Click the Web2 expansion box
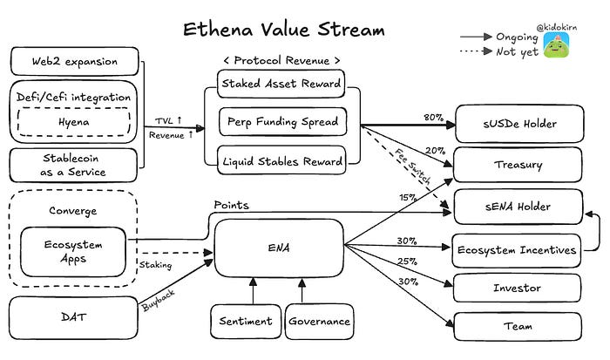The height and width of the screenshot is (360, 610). [x=75, y=61]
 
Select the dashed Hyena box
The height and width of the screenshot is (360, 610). [x=74, y=122]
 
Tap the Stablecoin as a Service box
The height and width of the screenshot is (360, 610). [x=73, y=165]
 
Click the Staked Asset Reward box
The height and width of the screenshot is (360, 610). [x=281, y=84]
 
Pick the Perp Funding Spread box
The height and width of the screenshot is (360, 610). [x=283, y=121]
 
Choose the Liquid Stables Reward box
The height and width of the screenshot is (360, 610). [x=281, y=160]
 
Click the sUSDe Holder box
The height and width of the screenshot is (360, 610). [x=519, y=124]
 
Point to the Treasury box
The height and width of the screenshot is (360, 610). [x=518, y=165]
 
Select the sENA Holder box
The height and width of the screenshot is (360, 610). [x=518, y=207]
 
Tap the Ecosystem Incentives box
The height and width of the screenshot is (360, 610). [x=517, y=250]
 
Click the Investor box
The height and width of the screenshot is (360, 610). [x=517, y=288]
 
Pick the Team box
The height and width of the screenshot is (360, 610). [x=518, y=326]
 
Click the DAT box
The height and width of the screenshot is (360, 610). [x=73, y=317]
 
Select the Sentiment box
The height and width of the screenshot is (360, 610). [x=246, y=321]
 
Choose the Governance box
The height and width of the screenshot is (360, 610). [x=320, y=321]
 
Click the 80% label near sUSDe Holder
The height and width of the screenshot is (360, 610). [x=433, y=117]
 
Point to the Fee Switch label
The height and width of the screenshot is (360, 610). [x=413, y=166]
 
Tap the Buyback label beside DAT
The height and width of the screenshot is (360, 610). [x=159, y=301]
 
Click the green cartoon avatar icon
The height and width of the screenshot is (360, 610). [x=556, y=44]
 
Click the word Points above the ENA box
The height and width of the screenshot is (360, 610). [x=232, y=205]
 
